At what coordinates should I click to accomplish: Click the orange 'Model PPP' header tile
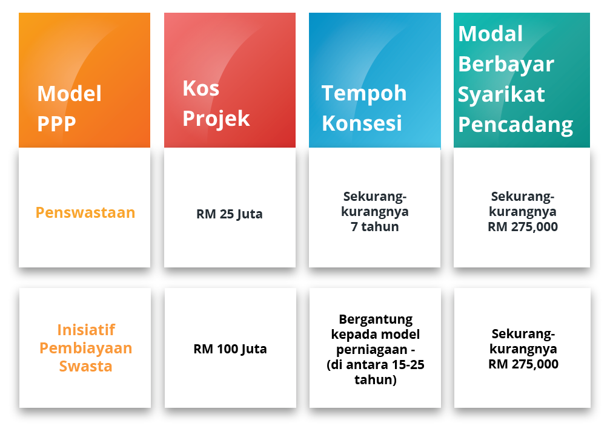84,80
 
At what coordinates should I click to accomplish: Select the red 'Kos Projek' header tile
230,80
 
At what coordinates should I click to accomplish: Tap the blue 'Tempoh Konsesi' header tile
374,80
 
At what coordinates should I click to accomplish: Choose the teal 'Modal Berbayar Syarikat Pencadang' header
522,80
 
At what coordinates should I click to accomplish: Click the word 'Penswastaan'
85,212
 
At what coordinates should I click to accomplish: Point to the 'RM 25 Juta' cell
230,214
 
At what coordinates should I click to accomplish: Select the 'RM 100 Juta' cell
230,349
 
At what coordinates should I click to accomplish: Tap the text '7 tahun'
374,226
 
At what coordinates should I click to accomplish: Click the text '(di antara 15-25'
376,365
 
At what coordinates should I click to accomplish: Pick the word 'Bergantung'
376,319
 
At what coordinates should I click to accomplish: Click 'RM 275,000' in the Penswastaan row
523,226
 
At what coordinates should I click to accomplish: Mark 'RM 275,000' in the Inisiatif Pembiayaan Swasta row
523,364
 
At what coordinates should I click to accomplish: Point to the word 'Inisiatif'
86,330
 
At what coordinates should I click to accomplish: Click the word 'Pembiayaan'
86,348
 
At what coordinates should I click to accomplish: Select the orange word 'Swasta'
85,366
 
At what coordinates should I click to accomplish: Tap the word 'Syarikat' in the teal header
502,94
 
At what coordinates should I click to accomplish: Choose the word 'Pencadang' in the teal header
516,125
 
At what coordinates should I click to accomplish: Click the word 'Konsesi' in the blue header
362,123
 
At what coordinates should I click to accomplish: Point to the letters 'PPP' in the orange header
56,124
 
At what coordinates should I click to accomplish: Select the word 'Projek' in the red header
216,119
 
